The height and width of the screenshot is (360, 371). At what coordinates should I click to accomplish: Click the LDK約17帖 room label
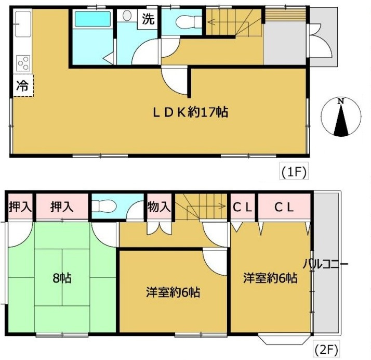pyautogui.click(x=190, y=111)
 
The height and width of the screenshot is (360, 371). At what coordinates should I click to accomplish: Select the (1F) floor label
pyautogui.click(x=292, y=170)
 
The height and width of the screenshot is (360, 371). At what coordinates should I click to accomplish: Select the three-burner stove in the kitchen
pyautogui.click(x=23, y=63)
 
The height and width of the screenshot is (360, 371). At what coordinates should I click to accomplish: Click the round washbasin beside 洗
pyautogui.click(x=127, y=16)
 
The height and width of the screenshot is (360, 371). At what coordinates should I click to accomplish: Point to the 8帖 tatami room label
pyautogui.click(x=61, y=278)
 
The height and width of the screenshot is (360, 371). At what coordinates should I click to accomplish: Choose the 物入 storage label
pyautogui.click(x=159, y=206)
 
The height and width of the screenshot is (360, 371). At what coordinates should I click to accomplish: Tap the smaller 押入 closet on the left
pyautogui.click(x=20, y=207)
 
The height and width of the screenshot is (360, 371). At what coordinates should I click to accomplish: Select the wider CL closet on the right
pyautogui.click(x=284, y=207)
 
